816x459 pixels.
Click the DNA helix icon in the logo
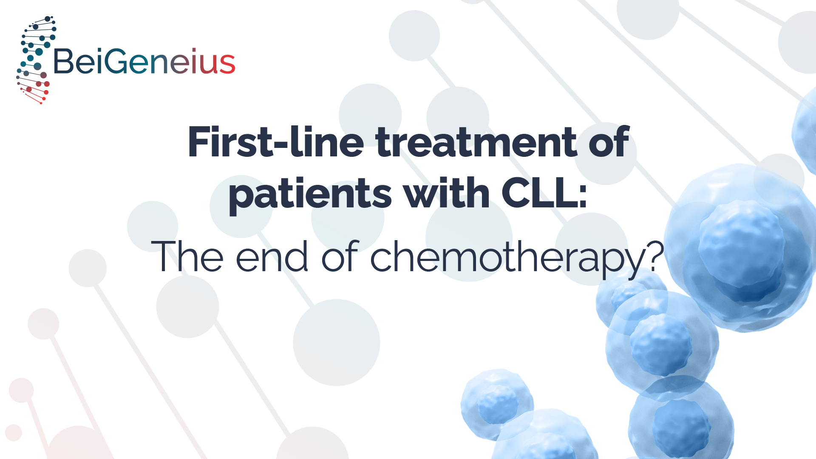pyautogui.click(x=36, y=60)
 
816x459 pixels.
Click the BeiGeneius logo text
pyautogui.click(x=144, y=61)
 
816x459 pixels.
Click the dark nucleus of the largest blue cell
pyautogui.click(x=742, y=251)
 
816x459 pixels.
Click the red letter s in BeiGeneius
pyautogui.click(x=227, y=64)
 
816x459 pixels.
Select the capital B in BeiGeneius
pyautogui.click(x=64, y=61)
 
